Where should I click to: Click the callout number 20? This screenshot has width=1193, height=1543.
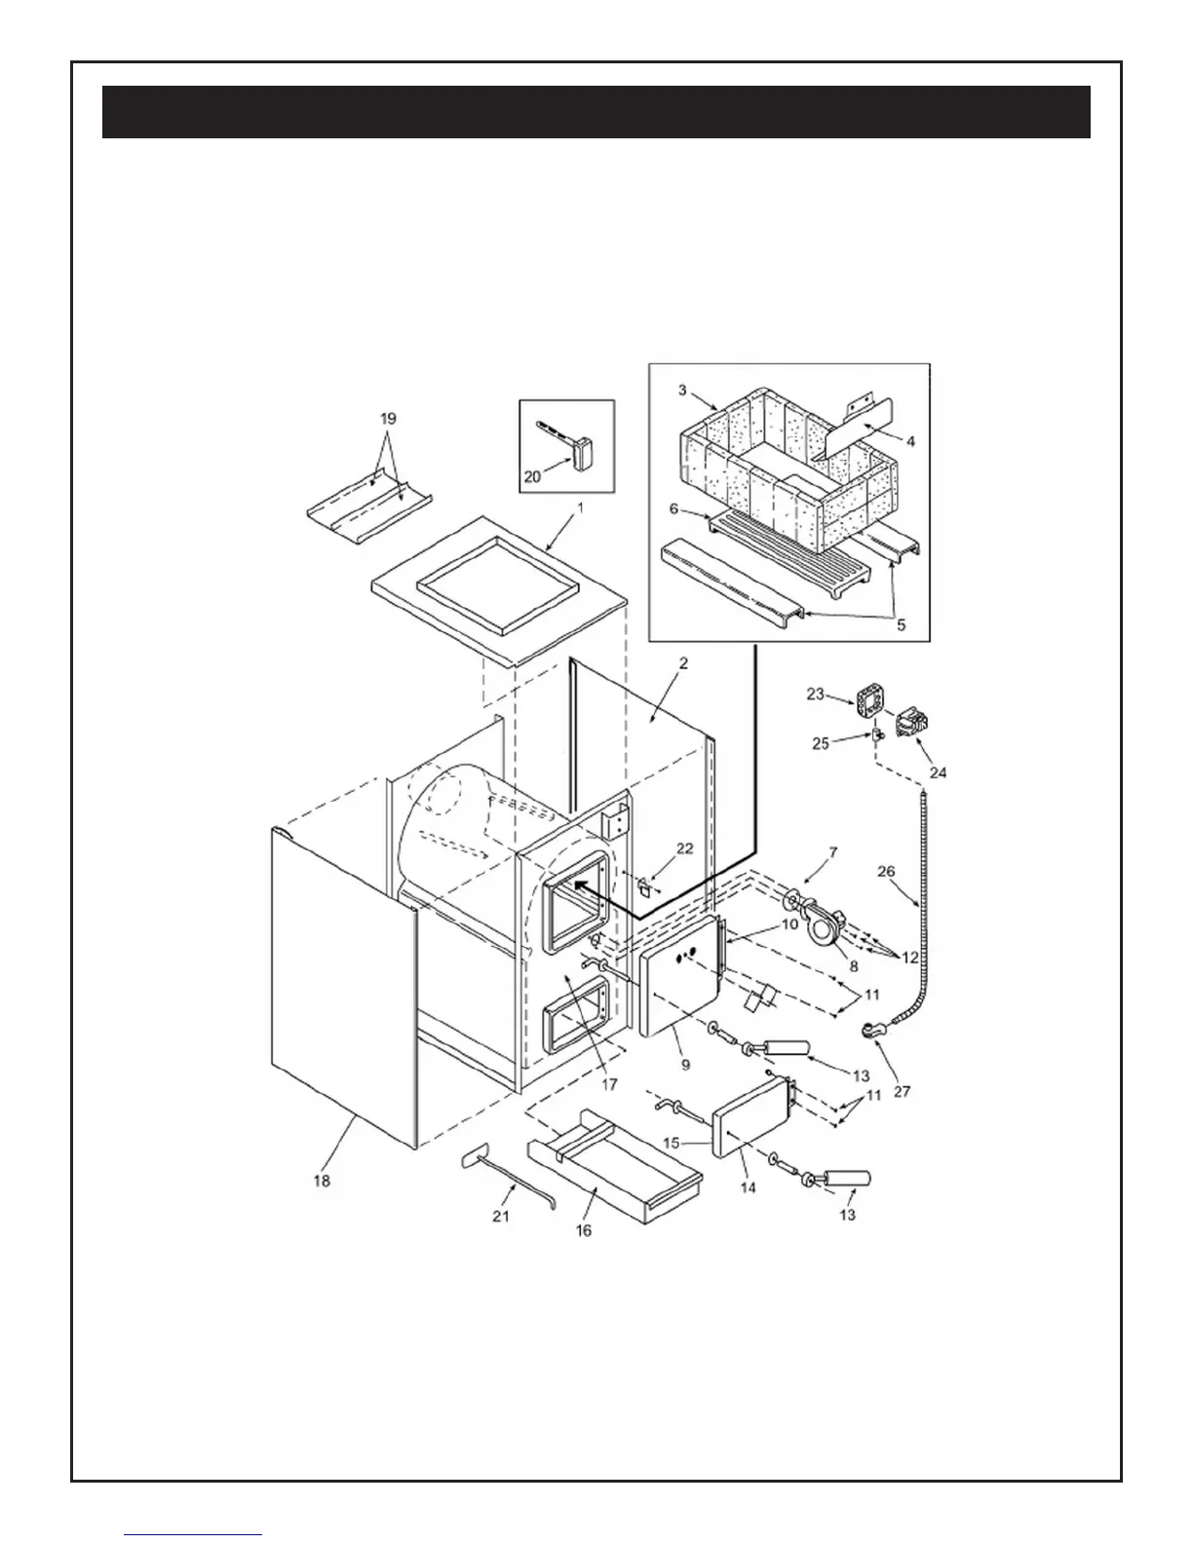click(532, 477)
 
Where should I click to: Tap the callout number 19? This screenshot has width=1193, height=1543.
click(388, 419)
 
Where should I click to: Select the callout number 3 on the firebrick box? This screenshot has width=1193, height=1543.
click(683, 390)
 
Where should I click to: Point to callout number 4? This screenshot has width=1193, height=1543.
click(910, 440)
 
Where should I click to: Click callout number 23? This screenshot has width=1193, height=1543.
click(815, 695)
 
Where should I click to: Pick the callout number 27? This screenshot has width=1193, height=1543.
click(902, 1091)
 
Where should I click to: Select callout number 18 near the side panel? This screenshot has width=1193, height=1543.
click(322, 1181)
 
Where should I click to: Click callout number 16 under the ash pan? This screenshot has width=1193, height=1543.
click(583, 1230)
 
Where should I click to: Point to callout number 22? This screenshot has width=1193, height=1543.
click(684, 848)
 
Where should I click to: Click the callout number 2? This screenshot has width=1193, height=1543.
click(683, 663)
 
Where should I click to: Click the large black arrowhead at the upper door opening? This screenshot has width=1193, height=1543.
click(582, 884)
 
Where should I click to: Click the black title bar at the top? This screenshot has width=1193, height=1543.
click(596, 112)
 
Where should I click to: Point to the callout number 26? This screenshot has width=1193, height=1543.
click(885, 872)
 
